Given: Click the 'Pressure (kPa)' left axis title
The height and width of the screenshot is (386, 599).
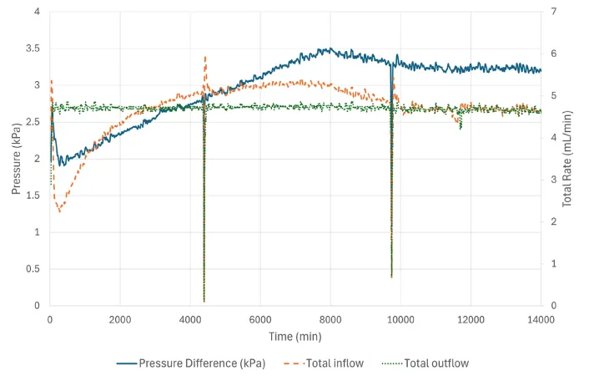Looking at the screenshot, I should (16, 159).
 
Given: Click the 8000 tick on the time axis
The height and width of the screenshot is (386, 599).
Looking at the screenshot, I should (330, 318).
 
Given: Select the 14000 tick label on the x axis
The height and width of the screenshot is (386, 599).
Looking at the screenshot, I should (541, 318).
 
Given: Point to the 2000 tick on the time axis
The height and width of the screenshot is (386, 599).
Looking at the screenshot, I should (120, 318).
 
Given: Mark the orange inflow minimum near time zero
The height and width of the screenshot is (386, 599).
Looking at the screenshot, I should (59, 212).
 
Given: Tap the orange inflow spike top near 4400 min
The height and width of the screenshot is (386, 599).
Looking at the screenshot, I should (205, 57).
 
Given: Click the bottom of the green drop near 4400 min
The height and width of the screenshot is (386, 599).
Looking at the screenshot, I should (204, 301).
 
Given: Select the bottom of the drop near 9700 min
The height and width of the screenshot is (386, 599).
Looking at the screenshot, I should (391, 277).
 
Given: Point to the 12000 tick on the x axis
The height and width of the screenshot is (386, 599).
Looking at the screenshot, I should (471, 318).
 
